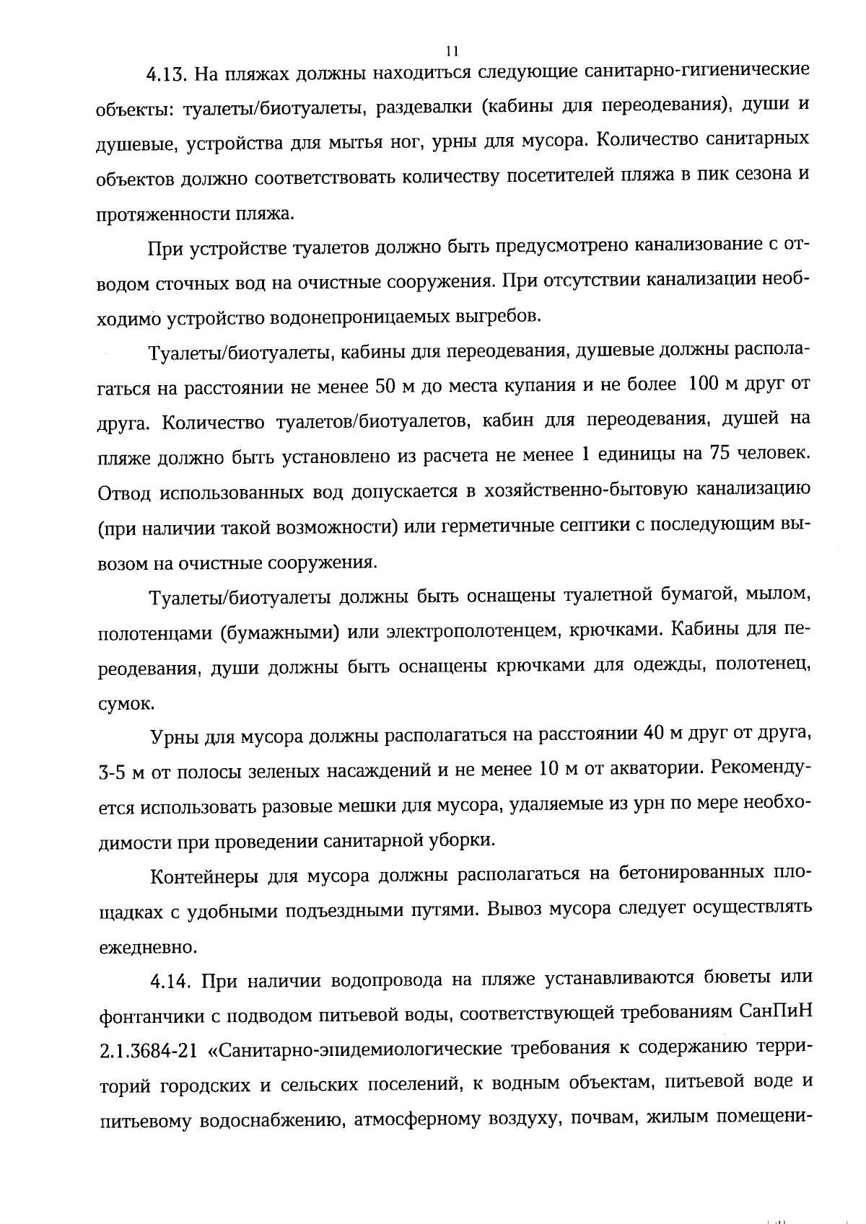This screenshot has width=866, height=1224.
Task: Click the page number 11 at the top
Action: (x=452, y=51)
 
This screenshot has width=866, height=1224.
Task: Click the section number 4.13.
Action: (x=167, y=74)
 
